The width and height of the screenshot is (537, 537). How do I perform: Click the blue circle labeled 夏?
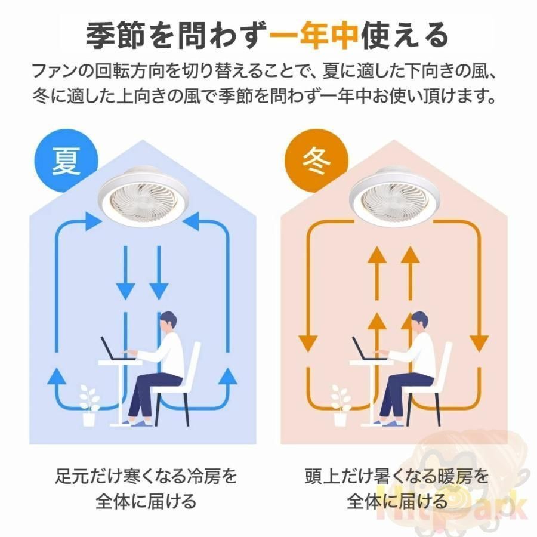coord(66,161)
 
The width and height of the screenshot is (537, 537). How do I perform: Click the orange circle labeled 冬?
coord(316,161)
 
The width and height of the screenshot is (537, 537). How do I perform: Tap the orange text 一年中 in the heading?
coord(314,35)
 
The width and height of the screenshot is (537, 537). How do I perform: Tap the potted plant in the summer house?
coord(89,406)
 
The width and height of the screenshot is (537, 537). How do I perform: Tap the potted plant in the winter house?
coord(340,406)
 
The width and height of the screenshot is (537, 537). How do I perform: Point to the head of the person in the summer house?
coord(169,322)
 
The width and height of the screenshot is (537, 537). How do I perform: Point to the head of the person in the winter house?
coord(420,322)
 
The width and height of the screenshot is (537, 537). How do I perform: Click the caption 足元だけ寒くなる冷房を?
coord(146,476)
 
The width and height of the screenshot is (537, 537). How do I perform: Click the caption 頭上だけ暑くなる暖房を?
coord(397,476)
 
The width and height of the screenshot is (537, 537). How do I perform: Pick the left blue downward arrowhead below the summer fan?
coord(126,291)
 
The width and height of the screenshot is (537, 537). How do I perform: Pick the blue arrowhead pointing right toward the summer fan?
coord(94,221)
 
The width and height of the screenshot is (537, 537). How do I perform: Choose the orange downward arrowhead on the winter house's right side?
coord(479,344)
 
